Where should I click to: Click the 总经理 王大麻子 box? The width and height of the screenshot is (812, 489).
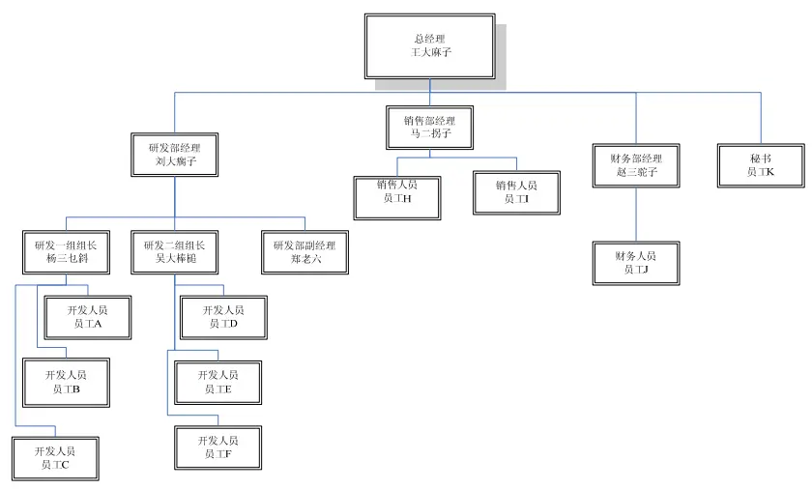coord(429,45)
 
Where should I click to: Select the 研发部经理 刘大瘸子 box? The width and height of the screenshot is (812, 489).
coord(175,155)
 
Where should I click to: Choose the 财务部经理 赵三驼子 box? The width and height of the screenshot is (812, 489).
coord(635,164)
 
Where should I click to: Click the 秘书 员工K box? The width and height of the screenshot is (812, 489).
coord(760,164)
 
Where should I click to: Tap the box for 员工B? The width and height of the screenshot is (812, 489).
coord(66,381)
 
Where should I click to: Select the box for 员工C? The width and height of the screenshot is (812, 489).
coord(52,457)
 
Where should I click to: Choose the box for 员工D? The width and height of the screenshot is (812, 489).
coord(223,317)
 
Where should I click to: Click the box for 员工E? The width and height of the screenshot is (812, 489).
coord(217,381)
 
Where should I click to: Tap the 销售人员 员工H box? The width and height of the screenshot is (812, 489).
coord(396,191)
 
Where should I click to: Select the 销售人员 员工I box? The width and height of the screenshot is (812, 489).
coord(516,191)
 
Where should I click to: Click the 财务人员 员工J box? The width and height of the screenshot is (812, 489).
coord(635,262)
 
